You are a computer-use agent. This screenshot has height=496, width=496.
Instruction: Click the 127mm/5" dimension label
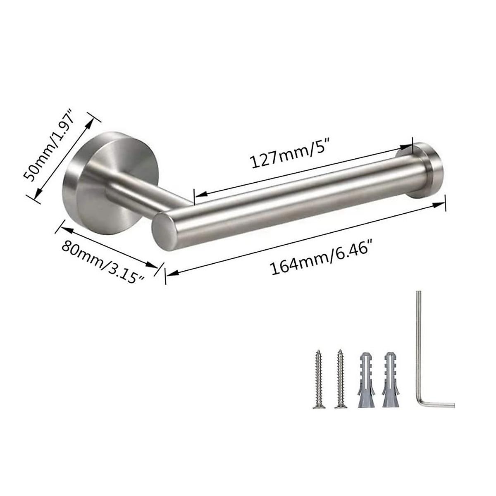(291, 155)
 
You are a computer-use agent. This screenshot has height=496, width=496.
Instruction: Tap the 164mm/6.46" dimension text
(319, 258)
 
